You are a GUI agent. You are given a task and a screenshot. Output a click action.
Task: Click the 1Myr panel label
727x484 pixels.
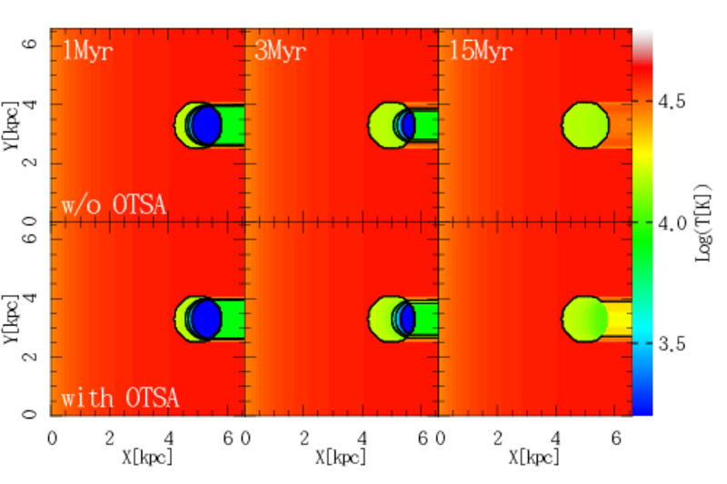(86, 50)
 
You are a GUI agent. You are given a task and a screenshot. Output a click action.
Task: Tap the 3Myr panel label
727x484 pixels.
(280, 50)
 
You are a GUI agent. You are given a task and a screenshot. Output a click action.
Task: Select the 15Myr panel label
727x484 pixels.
(481, 50)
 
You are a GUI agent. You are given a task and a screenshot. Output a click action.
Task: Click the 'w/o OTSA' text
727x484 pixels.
(114, 204)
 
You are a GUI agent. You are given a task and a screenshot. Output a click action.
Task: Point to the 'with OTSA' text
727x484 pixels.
(120, 398)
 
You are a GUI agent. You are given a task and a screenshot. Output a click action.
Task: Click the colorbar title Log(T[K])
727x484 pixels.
(702, 222)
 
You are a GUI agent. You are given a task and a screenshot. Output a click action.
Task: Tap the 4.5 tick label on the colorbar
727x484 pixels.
(672, 102)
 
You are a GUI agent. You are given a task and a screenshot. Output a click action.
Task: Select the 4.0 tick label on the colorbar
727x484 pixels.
(672, 223)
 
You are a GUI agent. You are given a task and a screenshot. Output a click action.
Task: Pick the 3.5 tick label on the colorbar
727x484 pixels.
(672, 344)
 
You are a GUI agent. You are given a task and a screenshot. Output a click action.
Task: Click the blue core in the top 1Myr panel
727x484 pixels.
(206, 125)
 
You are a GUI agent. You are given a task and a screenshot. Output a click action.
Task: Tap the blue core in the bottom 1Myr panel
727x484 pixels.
(206, 319)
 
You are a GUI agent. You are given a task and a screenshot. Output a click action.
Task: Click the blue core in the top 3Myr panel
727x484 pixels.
(408, 125)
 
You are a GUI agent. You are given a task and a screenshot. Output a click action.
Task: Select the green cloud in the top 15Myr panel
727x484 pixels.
(585, 125)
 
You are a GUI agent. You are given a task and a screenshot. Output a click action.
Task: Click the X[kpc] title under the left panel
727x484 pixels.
(147, 458)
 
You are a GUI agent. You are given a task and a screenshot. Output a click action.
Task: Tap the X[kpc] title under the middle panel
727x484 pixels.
(341, 458)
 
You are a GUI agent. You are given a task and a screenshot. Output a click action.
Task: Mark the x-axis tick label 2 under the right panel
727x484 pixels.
(498, 437)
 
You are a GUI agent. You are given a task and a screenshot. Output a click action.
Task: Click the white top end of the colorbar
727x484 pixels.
(642, 38)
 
